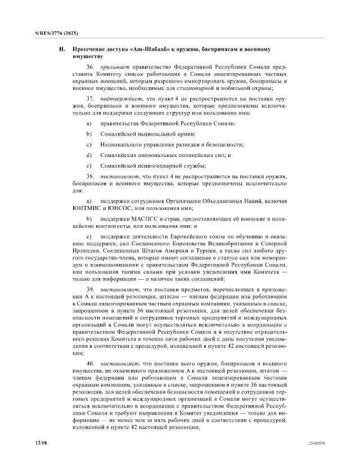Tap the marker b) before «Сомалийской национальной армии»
click(x=88, y=134)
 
